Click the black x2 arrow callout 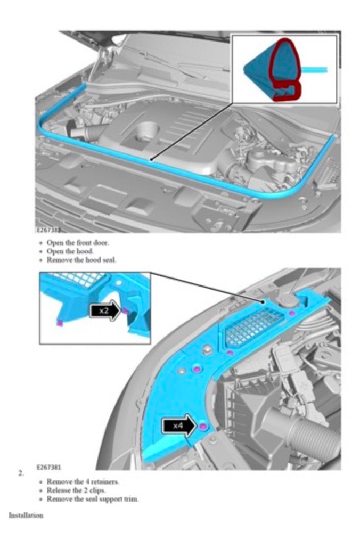coord(105,311)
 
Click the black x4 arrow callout coord(179,426)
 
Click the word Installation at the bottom coord(26,516)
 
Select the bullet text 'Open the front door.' coord(78,242)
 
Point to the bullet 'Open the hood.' coord(70,251)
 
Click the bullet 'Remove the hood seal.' coord(81,260)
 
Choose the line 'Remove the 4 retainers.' coord(83,481)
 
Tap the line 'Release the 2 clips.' coord(76,490)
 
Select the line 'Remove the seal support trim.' coord(93,498)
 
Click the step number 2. coord(21,473)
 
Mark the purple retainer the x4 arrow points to coord(202,427)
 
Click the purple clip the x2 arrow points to coord(125,311)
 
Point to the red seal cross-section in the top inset coord(285,70)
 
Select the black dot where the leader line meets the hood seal coord(151,159)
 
